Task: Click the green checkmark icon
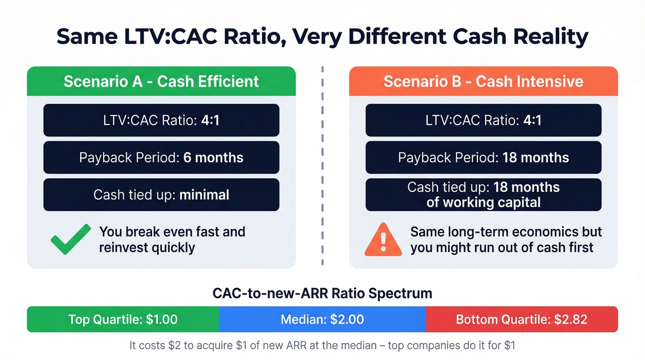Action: (x=70, y=239)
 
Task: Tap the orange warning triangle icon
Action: (x=383, y=240)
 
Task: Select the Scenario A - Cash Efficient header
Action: (x=161, y=82)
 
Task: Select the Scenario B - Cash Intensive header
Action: (x=483, y=82)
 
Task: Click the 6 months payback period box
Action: (x=161, y=158)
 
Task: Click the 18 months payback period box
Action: (x=483, y=158)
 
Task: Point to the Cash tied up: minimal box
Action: (x=161, y=195)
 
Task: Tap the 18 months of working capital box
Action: (x=483, y=195)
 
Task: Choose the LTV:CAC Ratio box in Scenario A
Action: (x=161, y=120)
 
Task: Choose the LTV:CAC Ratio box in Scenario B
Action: (x=483, y=120)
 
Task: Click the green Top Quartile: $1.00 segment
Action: (x=123, y=319)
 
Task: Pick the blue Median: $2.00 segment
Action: (x=322, y=319)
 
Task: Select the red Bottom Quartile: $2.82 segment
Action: (x=522, y=319)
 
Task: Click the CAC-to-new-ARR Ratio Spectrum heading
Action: (x=322, y=294)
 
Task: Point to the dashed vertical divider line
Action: (x=322, y=166)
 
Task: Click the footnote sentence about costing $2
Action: (x=322, y=345)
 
